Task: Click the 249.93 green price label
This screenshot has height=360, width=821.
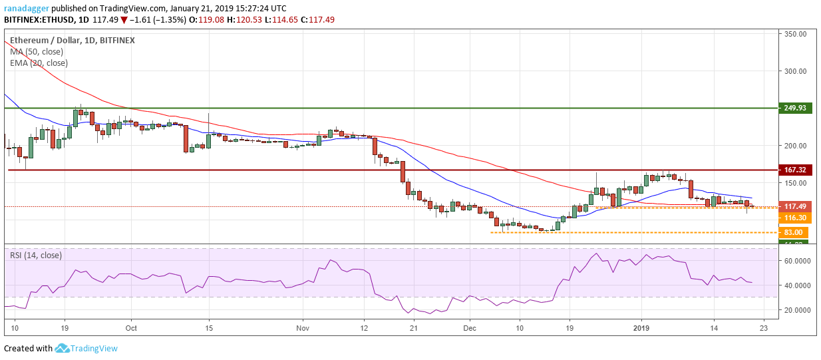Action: point(796,108)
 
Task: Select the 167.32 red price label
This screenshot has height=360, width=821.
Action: point(796,170)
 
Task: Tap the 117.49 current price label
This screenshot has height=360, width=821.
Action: point(796,206)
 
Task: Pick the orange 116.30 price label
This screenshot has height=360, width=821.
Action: point(796,218)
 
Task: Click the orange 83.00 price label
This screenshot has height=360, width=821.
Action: point(796,232)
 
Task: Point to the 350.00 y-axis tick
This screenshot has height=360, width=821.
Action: point(796,33)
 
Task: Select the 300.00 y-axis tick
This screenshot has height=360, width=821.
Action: point(796,71)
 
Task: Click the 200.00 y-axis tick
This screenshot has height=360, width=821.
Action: point(796,145)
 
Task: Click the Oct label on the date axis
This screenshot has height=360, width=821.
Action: point(131,328)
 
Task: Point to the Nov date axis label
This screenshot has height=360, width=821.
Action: point(303,328)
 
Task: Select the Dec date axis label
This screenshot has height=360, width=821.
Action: point(470,328)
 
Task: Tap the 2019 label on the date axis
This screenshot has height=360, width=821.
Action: point(641,328)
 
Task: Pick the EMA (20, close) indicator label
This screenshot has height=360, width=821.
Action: point(39,63)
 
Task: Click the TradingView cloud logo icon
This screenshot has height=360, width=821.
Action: point(63,348)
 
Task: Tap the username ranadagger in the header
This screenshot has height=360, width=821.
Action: point(26,8)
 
